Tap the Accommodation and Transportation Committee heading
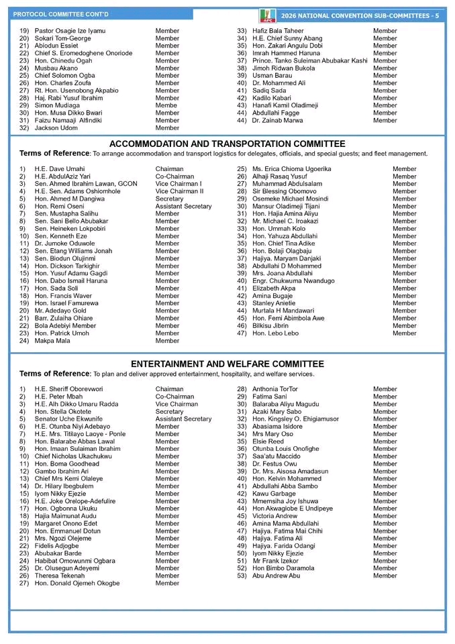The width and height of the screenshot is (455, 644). (x=227, y=144)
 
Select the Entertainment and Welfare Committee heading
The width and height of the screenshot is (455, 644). (x=227, y=364)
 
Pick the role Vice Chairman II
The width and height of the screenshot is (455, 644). (x=179, y=191)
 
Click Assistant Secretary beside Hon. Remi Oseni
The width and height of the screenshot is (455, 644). (x=183, y=207)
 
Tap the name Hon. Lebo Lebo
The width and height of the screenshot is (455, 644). (x=275, y=333)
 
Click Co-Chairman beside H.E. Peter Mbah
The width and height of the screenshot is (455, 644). (x=174, y=396)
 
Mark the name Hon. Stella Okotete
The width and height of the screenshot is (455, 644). (x=63, y=411)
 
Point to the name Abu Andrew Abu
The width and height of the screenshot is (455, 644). (x=276, y=576)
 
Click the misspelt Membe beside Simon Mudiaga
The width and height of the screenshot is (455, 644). (x=166, y=105)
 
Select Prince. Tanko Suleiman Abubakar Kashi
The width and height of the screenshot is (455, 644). (x=310, y=61)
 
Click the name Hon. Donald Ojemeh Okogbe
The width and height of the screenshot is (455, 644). (x=77, y=583)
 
